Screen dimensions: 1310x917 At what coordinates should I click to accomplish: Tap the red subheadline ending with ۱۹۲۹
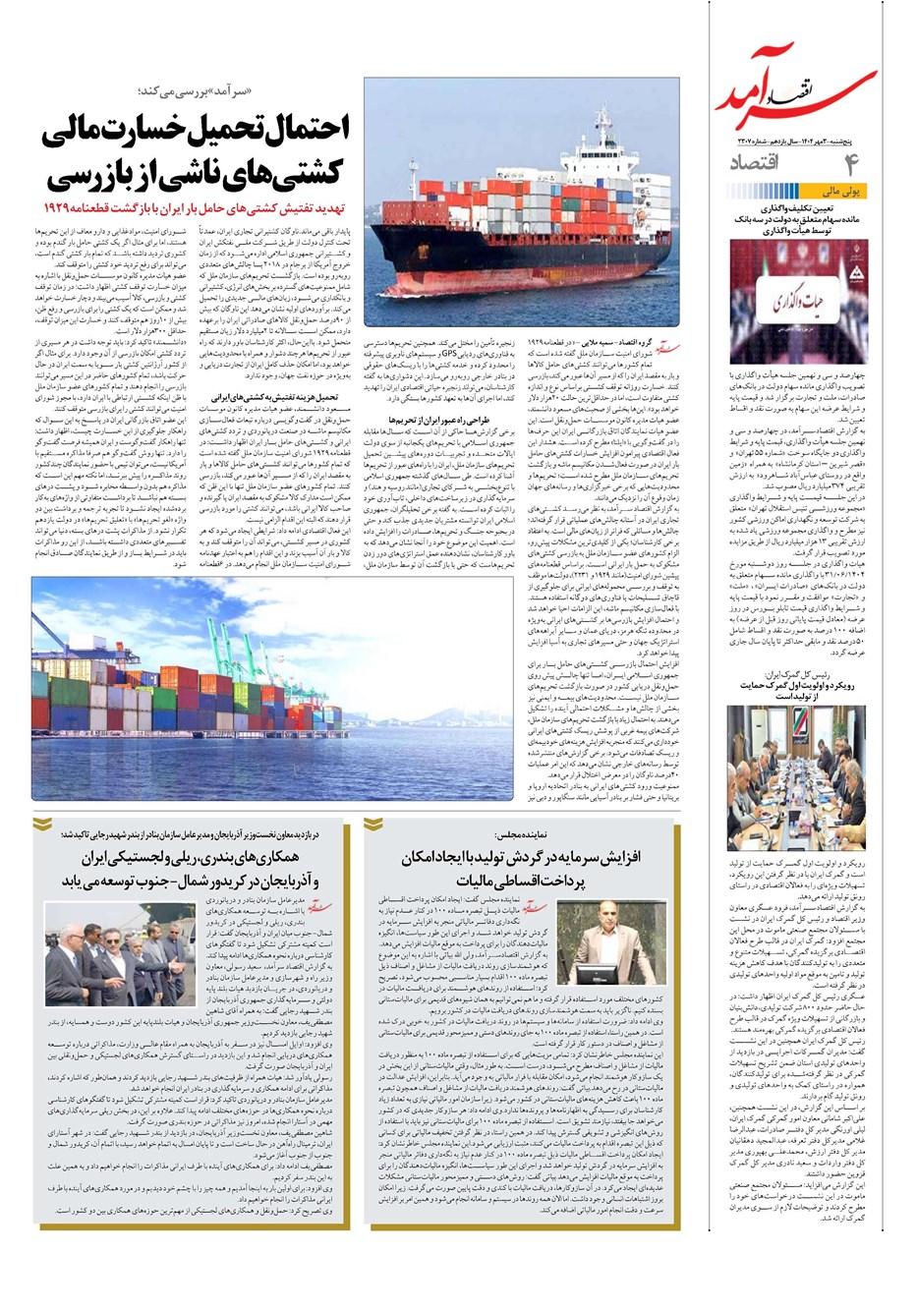(x=197, y=208)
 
